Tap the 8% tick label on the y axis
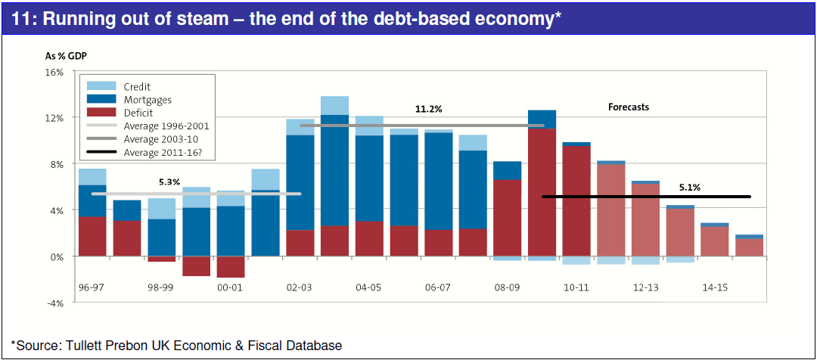click(57, 164)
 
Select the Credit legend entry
click(136, 87)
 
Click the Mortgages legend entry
click(147, 100)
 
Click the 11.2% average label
click(428, 110)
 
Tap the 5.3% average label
click(170, 182)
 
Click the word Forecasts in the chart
click(629, 107)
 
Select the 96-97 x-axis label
click(92, 288)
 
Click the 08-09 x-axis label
click(507, 288)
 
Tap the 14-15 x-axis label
click(714, 288)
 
